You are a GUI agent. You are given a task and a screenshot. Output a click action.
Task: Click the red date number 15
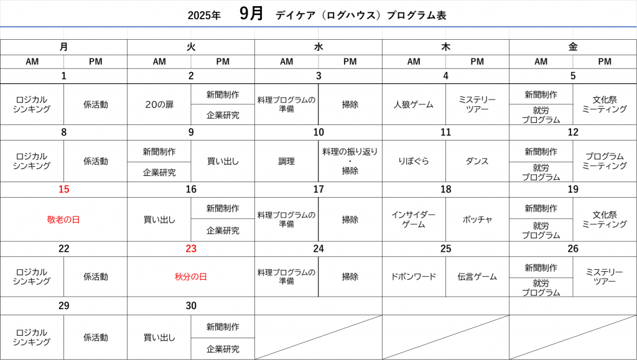point(64,189)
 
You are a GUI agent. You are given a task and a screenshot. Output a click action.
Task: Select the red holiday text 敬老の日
point(63,219)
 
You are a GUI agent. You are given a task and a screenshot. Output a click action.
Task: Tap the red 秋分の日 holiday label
point(191,277)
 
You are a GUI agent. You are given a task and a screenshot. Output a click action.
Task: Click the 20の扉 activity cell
point(159,104)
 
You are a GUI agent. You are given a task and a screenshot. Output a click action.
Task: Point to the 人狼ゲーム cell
point(414,104)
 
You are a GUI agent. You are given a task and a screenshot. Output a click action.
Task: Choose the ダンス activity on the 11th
point(477,161)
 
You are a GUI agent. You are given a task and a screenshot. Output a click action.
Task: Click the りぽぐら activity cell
point(414,161)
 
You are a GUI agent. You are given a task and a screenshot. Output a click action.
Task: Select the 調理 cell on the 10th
point(286,161)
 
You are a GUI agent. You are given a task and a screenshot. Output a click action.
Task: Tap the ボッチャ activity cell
point(477,219)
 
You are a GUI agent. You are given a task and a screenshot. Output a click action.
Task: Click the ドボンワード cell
point(414,277)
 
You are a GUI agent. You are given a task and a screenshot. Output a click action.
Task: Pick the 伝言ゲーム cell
point(477,277)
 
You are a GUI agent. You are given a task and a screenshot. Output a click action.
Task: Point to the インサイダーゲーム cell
point(414,219)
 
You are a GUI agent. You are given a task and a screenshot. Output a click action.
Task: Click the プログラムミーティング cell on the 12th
point(605,161)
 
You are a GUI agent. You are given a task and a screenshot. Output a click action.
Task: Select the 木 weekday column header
point(445,47)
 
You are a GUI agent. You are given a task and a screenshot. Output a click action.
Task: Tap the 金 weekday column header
point(573,47)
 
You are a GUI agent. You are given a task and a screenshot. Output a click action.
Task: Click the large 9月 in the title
point(251,14)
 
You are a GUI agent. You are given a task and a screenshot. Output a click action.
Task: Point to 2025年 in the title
point(204,16)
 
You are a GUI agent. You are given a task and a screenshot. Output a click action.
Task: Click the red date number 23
point(191,249)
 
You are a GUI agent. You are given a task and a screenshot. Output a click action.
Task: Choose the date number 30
point(191,306)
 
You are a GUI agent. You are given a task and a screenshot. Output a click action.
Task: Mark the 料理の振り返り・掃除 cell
point(350,161)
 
